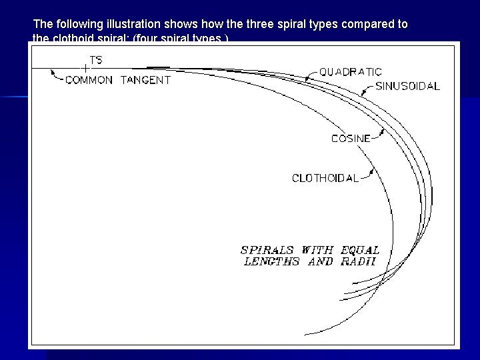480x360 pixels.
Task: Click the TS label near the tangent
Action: [x=96, y=60]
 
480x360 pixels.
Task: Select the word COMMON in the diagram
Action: [x=89, y=80]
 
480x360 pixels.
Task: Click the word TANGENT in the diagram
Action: [x=145, y=80]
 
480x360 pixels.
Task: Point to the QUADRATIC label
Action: [x=351, y=72]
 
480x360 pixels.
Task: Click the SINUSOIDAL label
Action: [x=407, y=87]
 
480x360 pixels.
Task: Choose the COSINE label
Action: [x=351, y=139]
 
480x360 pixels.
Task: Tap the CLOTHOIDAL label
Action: [x=325, y=178]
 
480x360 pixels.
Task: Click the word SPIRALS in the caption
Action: [x=268, y=250]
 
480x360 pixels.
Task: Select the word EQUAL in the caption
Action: [x=360, y=250]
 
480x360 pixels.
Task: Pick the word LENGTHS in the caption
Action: [x=271, y=261]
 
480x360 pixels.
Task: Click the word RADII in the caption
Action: [x=359, y=261]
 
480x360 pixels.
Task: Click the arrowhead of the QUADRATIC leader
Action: [x=306, y=79]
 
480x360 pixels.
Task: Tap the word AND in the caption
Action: [x=321, y=261]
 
